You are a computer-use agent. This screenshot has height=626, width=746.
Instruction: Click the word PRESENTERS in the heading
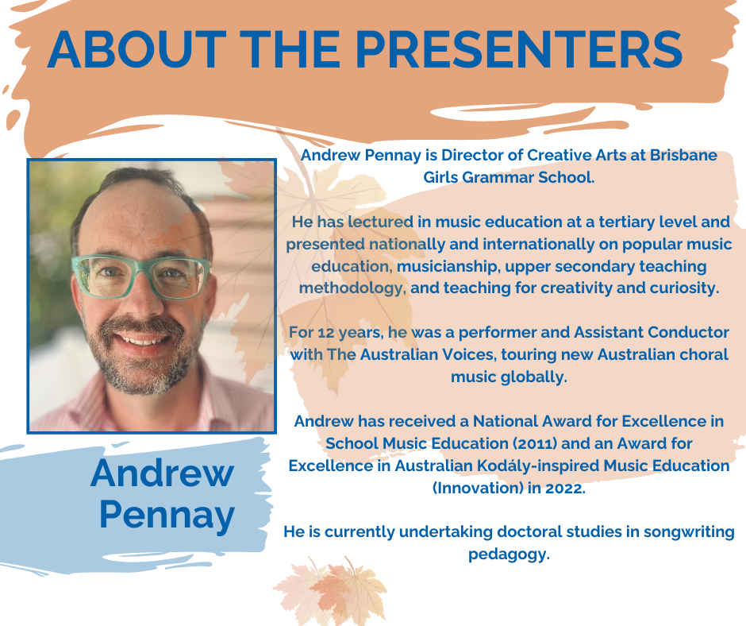pyautogui.click(x=519, y=49)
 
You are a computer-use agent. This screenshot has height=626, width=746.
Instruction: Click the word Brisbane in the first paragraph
pyautogui.click(x=683, y=156)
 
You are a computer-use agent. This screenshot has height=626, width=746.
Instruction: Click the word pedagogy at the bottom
pyautogui.click(x=509, y=555)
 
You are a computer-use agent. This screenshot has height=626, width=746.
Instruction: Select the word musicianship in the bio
pyautogui.click(x=448, y=267)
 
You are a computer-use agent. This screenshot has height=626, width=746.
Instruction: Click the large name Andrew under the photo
pyautogui.click(x=162, y=473)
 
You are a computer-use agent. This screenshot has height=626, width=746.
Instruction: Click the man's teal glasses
pyautogui.click(x=140, y=276)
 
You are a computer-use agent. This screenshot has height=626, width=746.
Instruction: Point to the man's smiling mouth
pyautogui.click(x=143, y=340)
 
